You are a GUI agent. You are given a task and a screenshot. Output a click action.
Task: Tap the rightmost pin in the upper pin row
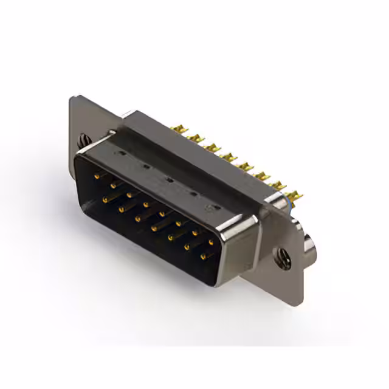point(210,242)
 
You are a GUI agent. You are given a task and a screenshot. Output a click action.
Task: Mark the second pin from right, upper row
point(194,232)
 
